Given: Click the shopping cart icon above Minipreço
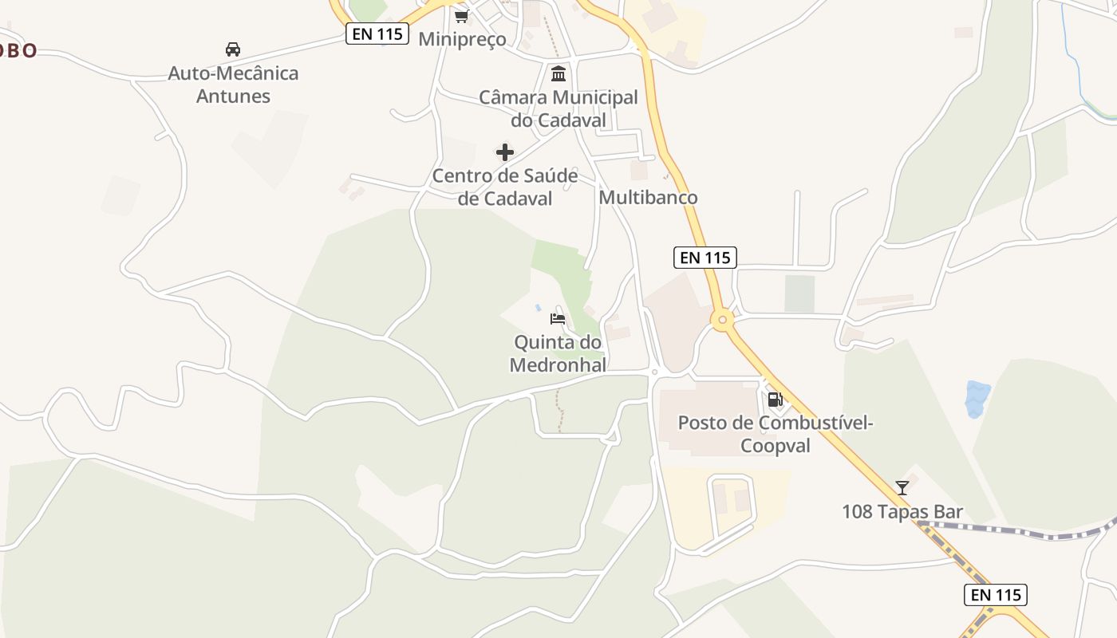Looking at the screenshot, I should click(461, 16).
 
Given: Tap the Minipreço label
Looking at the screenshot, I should click(462, 39).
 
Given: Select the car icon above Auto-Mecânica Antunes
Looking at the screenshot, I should click(233, 49).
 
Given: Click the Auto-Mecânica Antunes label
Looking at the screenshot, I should click(233, 85).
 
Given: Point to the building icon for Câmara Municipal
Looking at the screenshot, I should click(558, 74).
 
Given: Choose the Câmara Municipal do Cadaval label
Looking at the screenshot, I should click(558, 108).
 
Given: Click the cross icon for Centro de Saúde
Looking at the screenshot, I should click(505, 152).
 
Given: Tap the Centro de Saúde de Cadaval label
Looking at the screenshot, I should click(505, 187).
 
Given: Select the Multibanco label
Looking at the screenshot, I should click(648, 197).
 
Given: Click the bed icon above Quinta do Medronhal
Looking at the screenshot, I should click(558, 319).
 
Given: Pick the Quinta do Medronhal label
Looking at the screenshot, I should click(558, 353).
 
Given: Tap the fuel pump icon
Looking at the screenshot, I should click(775, 399).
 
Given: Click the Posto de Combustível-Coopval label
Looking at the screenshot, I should click(776, 433).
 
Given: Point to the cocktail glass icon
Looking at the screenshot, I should click(902, 487).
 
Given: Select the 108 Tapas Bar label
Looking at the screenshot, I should click(902, 511).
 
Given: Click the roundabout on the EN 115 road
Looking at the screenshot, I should click(722, 321).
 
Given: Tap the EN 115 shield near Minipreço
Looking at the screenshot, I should click(377, 33).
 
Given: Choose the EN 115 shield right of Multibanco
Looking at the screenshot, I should click(705, 258).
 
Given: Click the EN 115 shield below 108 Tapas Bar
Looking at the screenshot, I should click(996, 594).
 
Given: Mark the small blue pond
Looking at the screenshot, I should click(977, 398).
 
